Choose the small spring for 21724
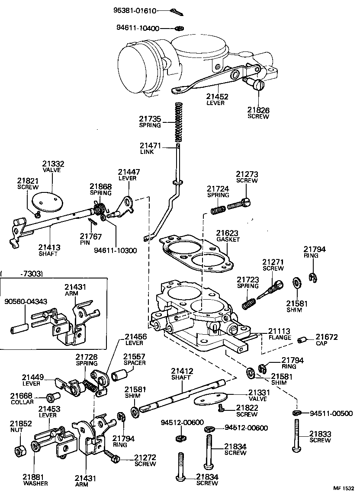(218, 209)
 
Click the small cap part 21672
(302, 340)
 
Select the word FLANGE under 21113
(280, 337)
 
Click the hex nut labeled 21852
(19, 451)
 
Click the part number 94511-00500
(331, 413)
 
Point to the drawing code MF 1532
(344, 488)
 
